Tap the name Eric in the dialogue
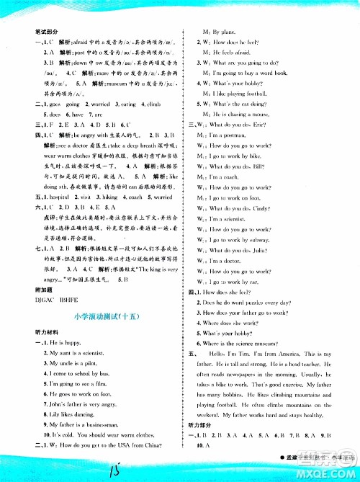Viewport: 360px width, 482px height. click(274, 125)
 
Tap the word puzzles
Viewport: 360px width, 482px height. click(271, 303)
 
